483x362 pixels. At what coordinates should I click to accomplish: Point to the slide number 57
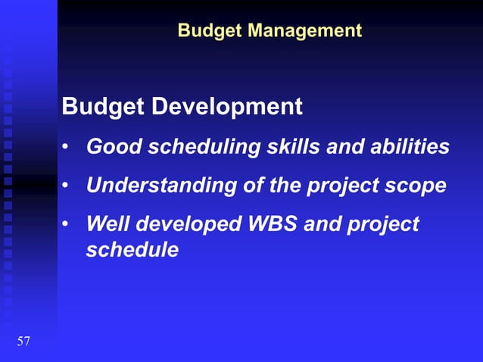pos(23,342)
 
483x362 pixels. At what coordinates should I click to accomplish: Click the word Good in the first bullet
pos(110,146)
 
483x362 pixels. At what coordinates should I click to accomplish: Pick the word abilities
pos(410,146)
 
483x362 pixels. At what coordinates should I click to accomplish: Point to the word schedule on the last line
pos(132,249)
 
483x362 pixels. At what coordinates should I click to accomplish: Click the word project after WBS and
pos(382,226)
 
